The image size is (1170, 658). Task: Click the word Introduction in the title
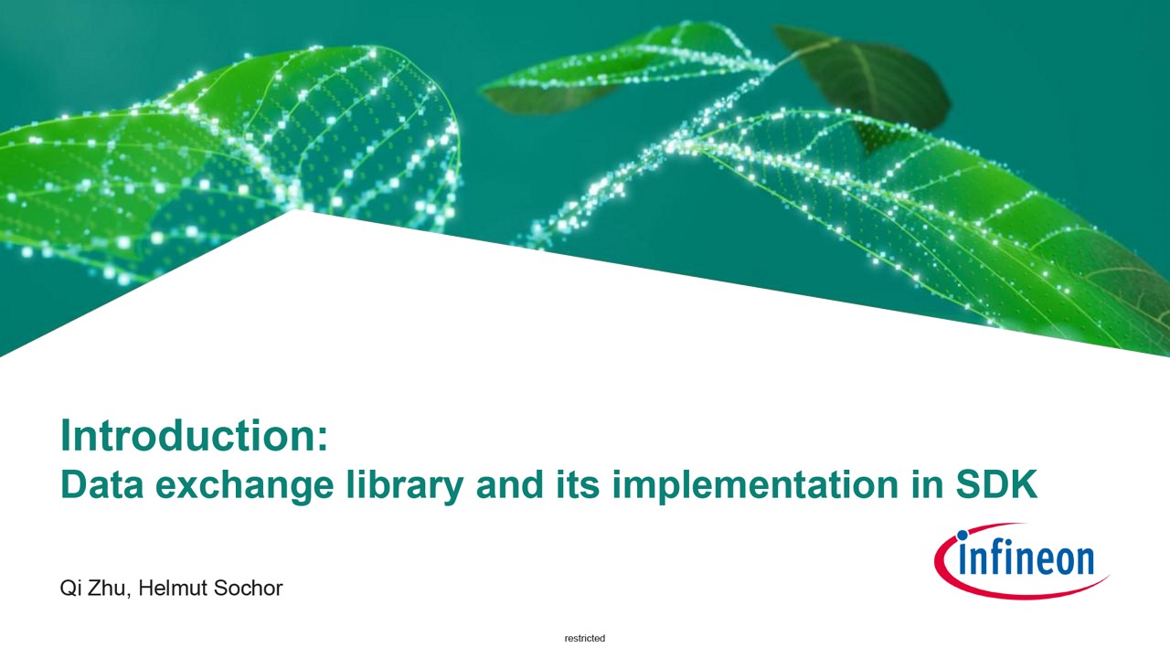[188, 436]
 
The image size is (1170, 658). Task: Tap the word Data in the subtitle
[102, 484]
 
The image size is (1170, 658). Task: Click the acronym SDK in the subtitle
[996, 484]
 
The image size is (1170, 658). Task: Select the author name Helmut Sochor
[210, 588]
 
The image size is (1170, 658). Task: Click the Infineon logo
[1021, 561]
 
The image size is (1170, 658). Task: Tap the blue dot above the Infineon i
[963, 536]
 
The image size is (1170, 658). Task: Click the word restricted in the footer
[585, 638]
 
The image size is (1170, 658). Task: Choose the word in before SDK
[928, 484]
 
